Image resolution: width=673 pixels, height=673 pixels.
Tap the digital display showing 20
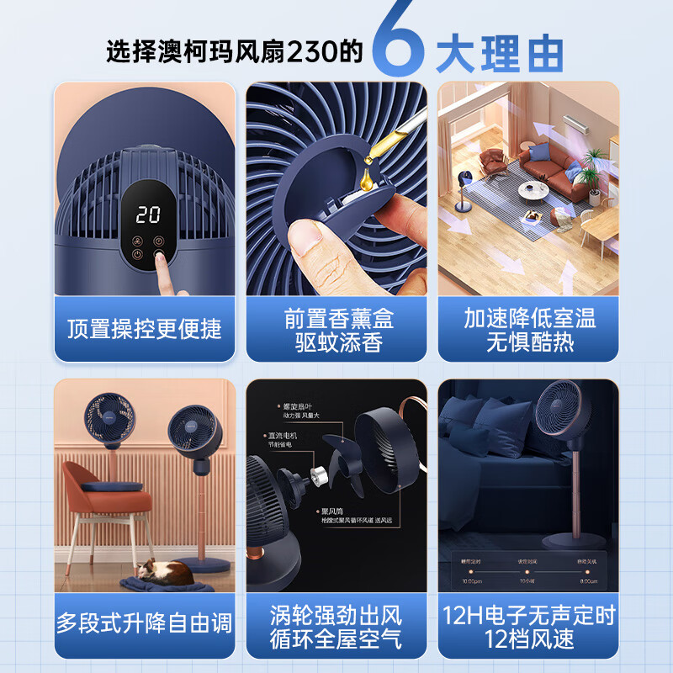tap(148, 215)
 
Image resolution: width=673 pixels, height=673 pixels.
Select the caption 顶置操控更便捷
tap(144, 328)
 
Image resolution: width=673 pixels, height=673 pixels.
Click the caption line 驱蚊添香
tap(339, 342)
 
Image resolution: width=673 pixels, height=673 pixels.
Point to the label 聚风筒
tap(330, 511)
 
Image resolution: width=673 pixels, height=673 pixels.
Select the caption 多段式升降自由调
tap(144, 623)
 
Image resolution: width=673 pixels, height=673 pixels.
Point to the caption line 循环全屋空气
tap(337, 639)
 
